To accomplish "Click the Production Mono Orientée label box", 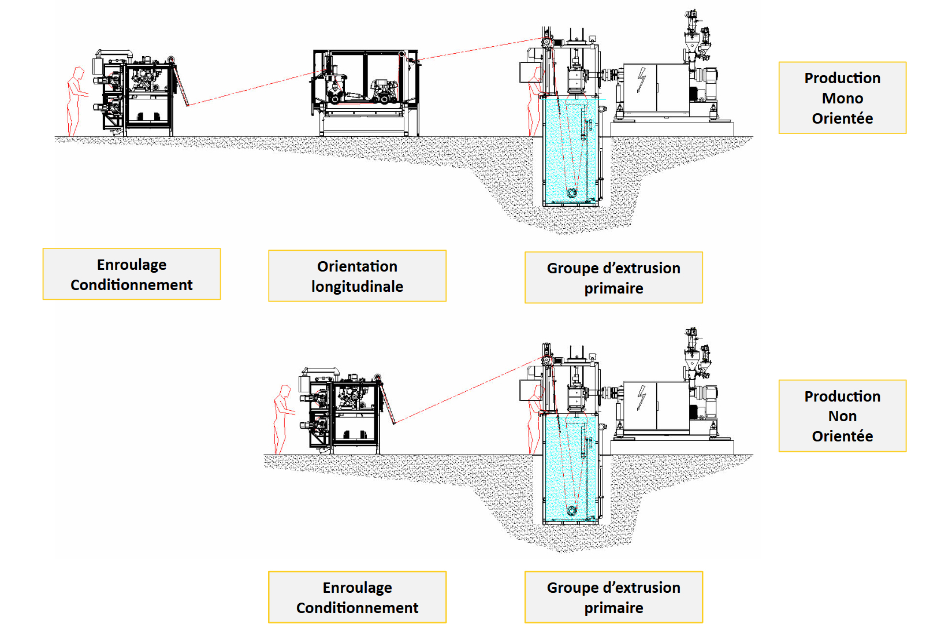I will tap(842, 98).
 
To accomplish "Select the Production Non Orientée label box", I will tap(842, 416).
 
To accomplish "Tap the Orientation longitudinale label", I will tap(357, 276).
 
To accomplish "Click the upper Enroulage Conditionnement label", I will tap(132, 274).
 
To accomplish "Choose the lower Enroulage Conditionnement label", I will tap(357, 597).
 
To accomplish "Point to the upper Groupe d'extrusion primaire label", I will tap(613, 277).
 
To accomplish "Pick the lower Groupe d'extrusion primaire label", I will tap(613, 597).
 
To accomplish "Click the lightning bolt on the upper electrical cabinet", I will tap(641, 80).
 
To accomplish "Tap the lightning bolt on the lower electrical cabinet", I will tap(641, 398).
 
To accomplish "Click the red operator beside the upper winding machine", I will tap(75, 101).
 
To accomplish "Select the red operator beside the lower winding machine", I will tap(282, 418).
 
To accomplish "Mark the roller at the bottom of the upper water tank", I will tap(572, 192).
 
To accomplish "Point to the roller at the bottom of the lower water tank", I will tap(572, 511).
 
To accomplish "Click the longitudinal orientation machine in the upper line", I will tap(366, 92).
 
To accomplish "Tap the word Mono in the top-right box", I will tap(842, 98).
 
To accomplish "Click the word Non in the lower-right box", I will tap(842, 416).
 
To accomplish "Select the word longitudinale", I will tap(357, 287).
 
